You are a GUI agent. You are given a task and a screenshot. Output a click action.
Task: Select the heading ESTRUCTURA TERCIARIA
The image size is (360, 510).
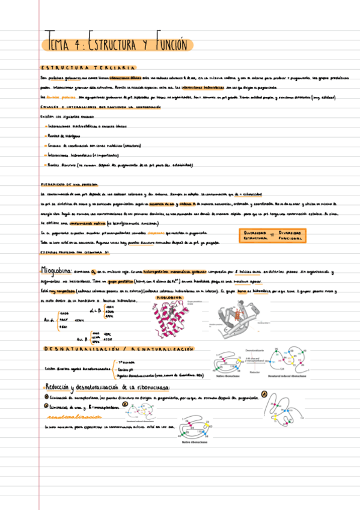point(88,67)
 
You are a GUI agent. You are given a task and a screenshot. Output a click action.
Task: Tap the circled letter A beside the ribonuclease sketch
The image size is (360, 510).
point(263,395)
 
